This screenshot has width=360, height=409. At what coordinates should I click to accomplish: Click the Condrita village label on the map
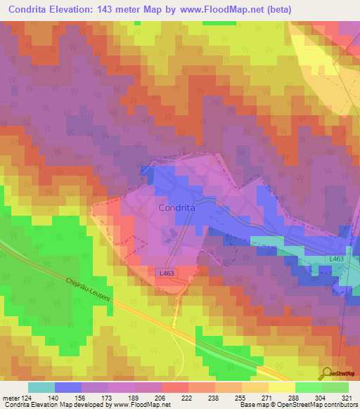pos(176,208)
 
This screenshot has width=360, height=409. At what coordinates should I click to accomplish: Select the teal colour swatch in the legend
pos(41,387)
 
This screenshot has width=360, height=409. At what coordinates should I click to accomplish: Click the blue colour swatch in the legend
pos(67,387)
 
